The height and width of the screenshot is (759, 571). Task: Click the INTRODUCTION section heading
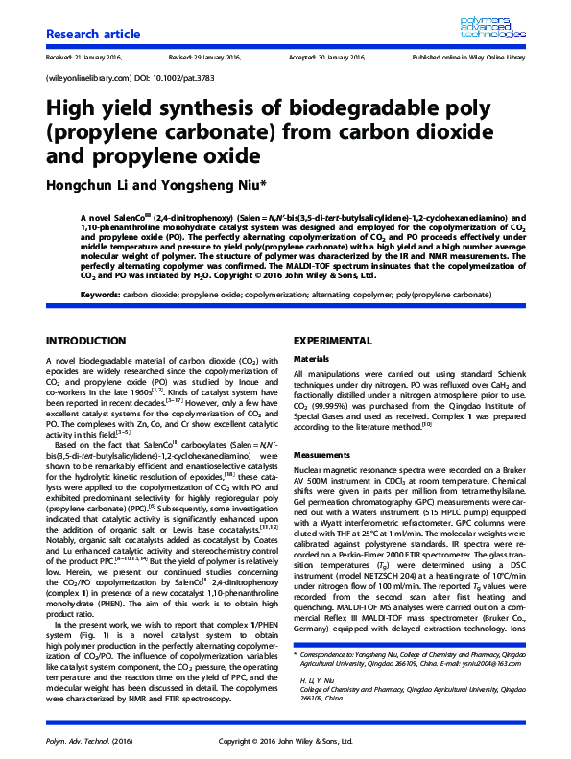coord(87,341)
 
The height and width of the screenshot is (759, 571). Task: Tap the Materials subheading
coord(311,358)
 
